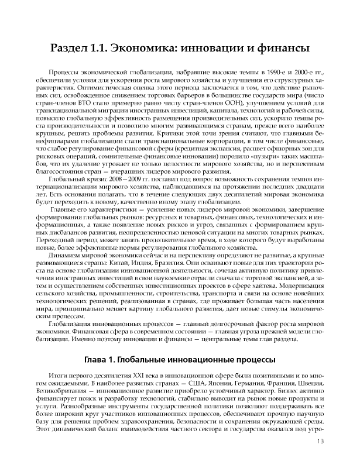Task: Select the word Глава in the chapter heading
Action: pyautogui.click(x=101, y=359)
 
